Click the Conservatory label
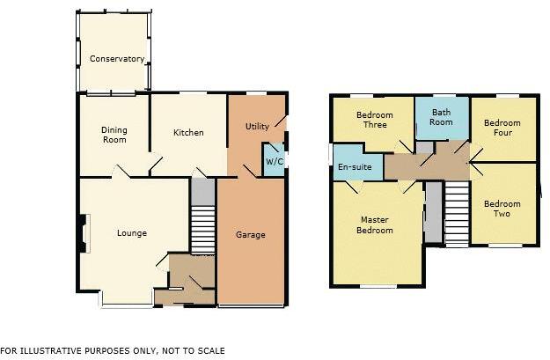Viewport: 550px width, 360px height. pyautogui.click(x=116, y=59)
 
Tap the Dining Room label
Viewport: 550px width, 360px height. pyautogui.click(x=114, y=135)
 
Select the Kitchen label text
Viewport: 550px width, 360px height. pyautogui.click(x=187, y=133)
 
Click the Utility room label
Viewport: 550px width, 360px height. pyautogui.click(x=257, y=127)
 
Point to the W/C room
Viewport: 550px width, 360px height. pyautogui.click(x=274, y=161)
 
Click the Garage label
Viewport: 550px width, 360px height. pyautogui.click(x=250, y=235)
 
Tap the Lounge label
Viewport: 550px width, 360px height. pyautogui.click(x=132, y=233)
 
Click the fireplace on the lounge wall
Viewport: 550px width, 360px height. pyautogui.click(x=84, y=234)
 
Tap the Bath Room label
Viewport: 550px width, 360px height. pyautogui.click(x=441, y=117)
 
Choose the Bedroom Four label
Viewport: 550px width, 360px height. pyautogui.click(x=502, y=128)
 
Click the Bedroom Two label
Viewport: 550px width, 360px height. pyautogui.click(x=502, y=209)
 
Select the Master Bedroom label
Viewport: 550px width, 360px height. pyautogui.click(x=376, y=224)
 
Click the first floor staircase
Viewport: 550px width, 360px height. pyautogui.click(x=455, y=214)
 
